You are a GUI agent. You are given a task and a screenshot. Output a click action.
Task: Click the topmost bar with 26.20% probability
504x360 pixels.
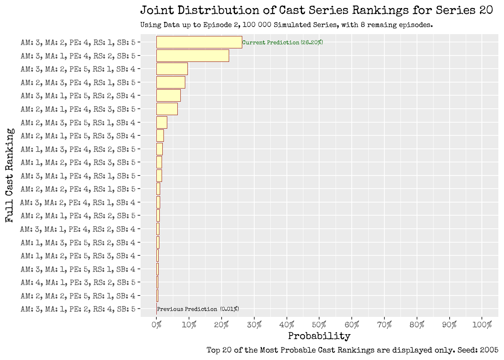(199, 42)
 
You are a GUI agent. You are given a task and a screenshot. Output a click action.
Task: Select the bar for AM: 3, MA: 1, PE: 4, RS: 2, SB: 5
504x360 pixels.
(192, 55)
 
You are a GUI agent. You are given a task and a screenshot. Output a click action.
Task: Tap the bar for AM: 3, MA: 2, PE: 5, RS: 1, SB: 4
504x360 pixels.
(172, 69)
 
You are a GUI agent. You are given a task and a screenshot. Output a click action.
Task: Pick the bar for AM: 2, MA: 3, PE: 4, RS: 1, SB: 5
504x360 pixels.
(171, 82)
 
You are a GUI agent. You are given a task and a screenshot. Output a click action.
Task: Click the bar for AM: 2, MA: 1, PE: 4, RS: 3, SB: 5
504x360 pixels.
(167, 109)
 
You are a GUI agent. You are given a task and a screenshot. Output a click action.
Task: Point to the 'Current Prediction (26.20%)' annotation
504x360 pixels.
(282, 42)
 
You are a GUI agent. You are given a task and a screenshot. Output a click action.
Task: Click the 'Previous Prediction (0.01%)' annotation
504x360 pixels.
(198, 309)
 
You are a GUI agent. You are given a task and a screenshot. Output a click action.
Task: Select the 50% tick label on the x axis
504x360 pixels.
(319, 325)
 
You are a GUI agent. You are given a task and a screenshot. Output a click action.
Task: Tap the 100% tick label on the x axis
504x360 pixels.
(482, 325)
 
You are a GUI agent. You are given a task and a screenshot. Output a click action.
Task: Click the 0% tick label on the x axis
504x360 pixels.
(156, 325)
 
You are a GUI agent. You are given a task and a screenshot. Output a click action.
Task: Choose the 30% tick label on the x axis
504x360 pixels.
(254, 325)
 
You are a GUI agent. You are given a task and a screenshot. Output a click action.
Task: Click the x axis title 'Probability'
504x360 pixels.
(319, 336)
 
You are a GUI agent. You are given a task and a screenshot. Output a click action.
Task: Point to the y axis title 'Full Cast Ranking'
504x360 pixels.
(10, 175)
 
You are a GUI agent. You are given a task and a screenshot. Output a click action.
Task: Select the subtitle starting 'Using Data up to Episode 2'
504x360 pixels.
(286, 25)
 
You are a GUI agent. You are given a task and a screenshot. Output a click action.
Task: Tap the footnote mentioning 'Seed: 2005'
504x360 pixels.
(352, 350)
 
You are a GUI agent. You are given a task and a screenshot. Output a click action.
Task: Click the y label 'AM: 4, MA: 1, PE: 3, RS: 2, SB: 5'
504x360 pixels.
(78, 282)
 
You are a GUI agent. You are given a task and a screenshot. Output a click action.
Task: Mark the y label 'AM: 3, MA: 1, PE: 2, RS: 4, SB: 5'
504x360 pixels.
(78, 309)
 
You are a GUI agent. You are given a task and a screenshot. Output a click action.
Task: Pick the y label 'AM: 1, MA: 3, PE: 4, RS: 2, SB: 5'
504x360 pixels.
(78, 149)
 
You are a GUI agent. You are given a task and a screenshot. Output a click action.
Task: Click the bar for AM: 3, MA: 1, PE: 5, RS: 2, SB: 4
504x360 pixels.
(168, 96)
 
